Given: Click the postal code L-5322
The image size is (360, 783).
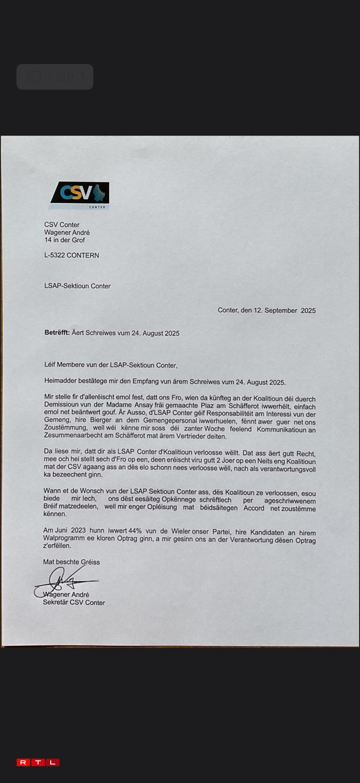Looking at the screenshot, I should point(55,255).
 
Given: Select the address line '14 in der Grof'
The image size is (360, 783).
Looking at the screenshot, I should point(64,240).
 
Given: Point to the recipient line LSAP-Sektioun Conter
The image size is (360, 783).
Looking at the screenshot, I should point(77,286).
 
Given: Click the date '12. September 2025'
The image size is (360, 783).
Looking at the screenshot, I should point(285,310).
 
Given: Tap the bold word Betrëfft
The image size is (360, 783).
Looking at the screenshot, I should point(57,332).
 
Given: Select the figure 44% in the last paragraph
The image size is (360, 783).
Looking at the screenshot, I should point(135,531).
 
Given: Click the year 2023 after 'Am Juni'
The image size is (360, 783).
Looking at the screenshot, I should point(78,530).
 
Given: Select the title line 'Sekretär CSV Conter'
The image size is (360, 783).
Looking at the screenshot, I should point(74,602).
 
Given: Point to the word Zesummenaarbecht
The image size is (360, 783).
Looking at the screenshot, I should point(78,435).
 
